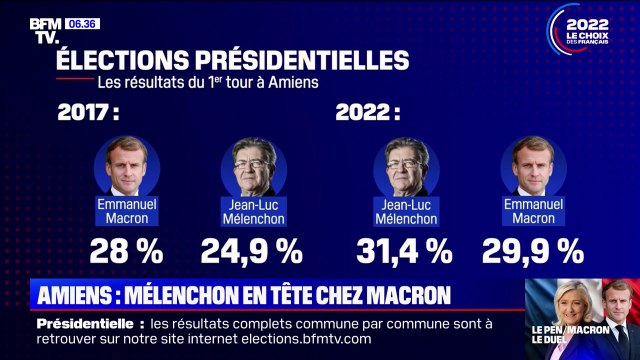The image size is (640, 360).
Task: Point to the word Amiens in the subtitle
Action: click(x=296, y=83)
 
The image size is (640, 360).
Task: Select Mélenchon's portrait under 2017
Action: click(x=255, y=166)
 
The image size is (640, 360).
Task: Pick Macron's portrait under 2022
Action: click(x=534, y=166)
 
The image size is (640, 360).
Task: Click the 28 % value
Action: click(x=126, y=249)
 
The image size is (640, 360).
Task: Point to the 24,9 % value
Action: click(x=251, y=249)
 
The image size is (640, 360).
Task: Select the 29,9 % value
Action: click(x=532, y=249)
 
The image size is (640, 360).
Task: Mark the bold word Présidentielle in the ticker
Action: click(x=85, y=324)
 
